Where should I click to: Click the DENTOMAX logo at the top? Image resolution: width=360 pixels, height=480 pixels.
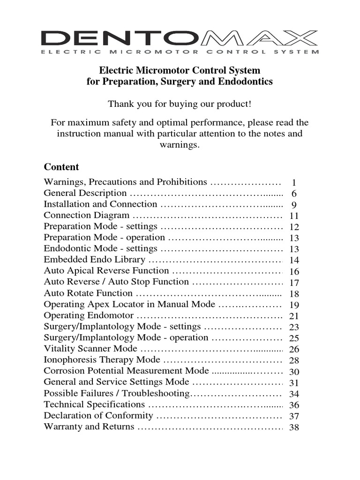pos(180,37)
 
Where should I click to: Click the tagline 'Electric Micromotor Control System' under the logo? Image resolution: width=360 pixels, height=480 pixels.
pos(180,52)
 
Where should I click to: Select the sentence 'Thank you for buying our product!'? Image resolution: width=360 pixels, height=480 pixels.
pos(180,104)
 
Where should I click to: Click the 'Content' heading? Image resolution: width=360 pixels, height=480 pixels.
pos(61,167)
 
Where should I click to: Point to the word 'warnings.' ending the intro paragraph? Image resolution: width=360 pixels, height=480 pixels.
pos(180,145)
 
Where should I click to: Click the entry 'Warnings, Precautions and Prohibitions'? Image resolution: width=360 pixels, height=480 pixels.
pos(125,182)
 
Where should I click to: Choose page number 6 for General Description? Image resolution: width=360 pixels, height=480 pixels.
pos(294,194)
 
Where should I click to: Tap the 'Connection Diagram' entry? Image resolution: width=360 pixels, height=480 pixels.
pos(86,216)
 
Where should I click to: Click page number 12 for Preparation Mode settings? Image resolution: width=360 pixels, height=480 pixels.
pos(294,227)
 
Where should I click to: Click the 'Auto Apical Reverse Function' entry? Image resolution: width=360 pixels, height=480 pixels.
pos(106,271)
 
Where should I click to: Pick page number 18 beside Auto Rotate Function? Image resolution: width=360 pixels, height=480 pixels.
pos(294,294)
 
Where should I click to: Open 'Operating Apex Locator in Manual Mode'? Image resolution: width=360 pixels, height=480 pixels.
pos(129,305)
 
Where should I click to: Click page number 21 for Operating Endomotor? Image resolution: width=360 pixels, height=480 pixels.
pos(294,316)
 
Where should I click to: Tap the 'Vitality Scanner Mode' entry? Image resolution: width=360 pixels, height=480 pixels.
pos(90,349)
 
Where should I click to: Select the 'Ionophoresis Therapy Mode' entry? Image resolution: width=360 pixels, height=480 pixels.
pos(102,360)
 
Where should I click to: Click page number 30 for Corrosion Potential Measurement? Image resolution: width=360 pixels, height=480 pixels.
pos(294,372)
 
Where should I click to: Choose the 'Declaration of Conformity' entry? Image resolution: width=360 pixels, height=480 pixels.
pos(98,416)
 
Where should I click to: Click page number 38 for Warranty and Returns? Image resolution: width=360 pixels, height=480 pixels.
pos(294,427)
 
